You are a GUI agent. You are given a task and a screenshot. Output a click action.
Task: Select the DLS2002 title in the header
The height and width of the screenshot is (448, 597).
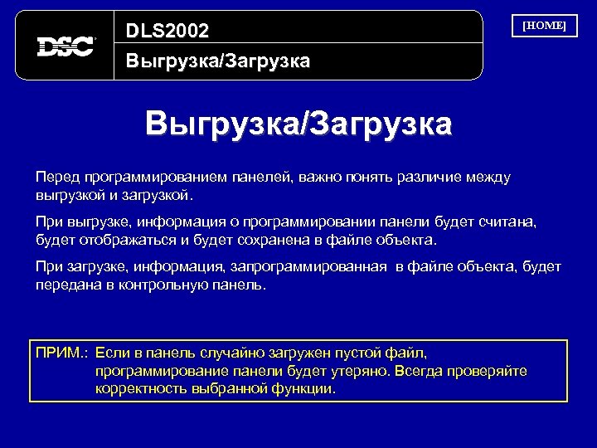[x=167, y=31]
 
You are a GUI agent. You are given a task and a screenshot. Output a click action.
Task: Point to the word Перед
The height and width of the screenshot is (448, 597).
[x=54, y=178]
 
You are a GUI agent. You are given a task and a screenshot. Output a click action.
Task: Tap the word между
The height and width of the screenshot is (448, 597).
[x=490, y=178]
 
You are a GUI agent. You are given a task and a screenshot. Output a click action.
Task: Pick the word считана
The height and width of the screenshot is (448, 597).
[x=512, y=222]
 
